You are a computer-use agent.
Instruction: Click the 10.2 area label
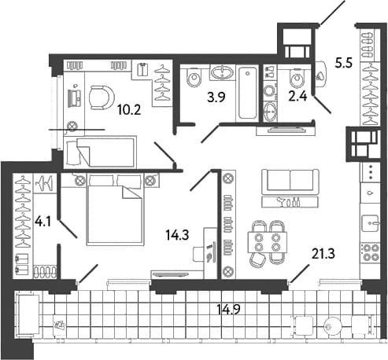(129, 110)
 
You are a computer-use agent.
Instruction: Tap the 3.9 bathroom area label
(216, 97)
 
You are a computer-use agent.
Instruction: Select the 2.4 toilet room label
(297, 97)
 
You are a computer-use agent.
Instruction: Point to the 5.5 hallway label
(344, 63)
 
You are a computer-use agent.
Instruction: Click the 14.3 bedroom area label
(177, 235)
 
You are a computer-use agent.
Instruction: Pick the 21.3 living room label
(323, 254)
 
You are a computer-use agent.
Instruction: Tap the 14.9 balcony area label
(229, 310)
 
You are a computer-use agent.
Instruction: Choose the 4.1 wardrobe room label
(43, 222)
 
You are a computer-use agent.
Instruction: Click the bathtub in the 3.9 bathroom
(248, 94)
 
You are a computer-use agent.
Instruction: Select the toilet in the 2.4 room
(297, 78)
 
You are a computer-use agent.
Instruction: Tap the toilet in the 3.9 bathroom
(194, 78)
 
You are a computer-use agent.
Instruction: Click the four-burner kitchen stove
(370, 252)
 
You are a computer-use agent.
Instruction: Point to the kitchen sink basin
(370, 223)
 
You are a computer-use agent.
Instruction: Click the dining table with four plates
(267, 242)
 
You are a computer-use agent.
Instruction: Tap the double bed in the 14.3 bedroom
(116, 210)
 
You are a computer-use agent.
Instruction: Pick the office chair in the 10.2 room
(102, 97)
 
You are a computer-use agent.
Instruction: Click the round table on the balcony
(333, 326)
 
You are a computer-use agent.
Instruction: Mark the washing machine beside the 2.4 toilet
(269, 93)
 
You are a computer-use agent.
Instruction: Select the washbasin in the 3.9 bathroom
(223, 72)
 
